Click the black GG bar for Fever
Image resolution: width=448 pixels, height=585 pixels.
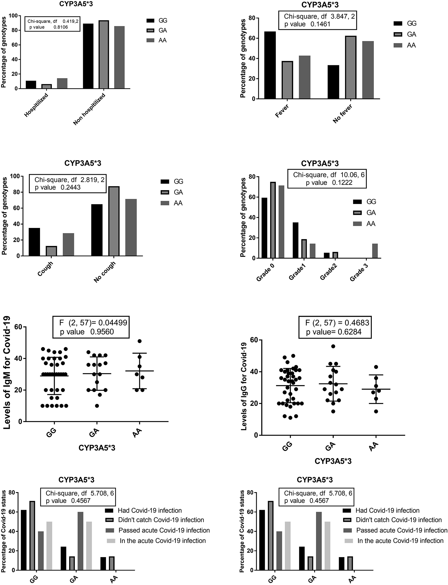pos(270,65)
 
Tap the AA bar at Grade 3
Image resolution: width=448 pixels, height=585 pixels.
pos(375,251)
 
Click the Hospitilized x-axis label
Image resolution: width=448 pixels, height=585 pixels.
pos(36,105)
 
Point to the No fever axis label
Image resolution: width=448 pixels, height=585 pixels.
pos(343,114)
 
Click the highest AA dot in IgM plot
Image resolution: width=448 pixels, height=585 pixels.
pos(139,341)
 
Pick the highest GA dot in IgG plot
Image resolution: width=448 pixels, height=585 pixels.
pos(333,346)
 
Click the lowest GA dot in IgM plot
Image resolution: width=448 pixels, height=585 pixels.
pos(97,406)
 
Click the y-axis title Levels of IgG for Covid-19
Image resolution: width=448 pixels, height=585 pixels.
pos(244,387)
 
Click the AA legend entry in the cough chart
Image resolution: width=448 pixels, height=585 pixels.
pos(178,203)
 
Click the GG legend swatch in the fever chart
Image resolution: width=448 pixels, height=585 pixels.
pos(398,24)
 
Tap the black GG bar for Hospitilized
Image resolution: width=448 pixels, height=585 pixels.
pos(31,85)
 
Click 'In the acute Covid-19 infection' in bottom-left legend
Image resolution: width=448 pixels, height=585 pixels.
pos(163,540)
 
